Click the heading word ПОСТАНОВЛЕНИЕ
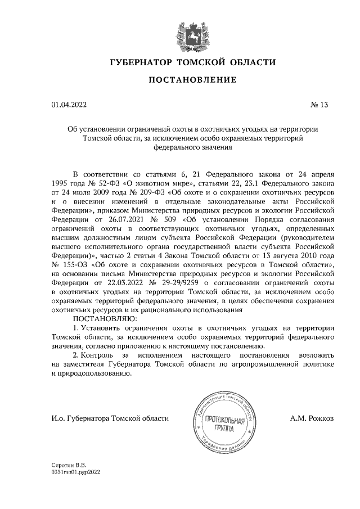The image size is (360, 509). point(185,80)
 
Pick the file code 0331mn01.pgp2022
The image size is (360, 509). point(75,474)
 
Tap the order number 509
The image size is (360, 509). point(168,220)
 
